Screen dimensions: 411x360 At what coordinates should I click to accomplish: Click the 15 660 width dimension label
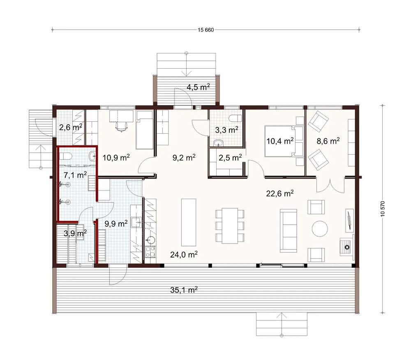pyautogui.click(x=206, y=30)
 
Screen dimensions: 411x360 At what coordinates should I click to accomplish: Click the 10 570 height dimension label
pyautogui.click(x=383, y=209)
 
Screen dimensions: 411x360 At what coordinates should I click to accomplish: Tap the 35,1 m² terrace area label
pyautogui.click(x=184, y=290)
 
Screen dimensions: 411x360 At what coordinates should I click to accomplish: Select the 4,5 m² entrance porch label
pyautogui.click(x=198, y=87)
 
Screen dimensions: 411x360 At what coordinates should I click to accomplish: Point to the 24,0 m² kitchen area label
pyautogui.click(x=184, y=254)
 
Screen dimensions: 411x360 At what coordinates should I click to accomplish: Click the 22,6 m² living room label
pyautogui.click(x=279, y=193)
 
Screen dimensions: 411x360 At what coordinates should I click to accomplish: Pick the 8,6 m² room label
pyautogui.click(x=328, y=141)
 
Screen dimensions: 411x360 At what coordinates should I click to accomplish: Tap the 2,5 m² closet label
pyautogui.click(x=230, y=158)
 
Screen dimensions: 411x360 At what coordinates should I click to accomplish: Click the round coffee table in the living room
pyautogui.click(x=320, y=229)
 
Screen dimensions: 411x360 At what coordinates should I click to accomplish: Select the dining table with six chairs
pyautogui.click(x=230, y=225)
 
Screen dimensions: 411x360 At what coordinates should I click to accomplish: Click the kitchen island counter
pyautogui.click(x=189, y=222)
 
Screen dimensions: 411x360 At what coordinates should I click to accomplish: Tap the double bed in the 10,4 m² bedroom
pyautogui.click(x=284, y=141)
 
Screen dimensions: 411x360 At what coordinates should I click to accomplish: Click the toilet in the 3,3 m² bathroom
pyautogui.click(x=235, y=118)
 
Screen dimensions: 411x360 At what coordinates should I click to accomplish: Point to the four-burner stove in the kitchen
pyautogui.click(x=150, y=252)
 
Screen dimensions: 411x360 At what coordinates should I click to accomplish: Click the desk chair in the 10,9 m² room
pyautogui.click(x=122, y=127)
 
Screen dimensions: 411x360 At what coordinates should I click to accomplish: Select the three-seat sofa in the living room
pyautogui.click(x=289, y=231)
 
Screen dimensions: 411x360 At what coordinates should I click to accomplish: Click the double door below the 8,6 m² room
pyautogui.click(x=330, y=185)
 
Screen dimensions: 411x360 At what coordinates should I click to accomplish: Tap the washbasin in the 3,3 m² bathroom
pyautogui.click(x=218, y=143)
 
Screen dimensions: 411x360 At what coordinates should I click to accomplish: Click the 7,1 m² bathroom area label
pyautogui.click(x=75, y=174)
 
